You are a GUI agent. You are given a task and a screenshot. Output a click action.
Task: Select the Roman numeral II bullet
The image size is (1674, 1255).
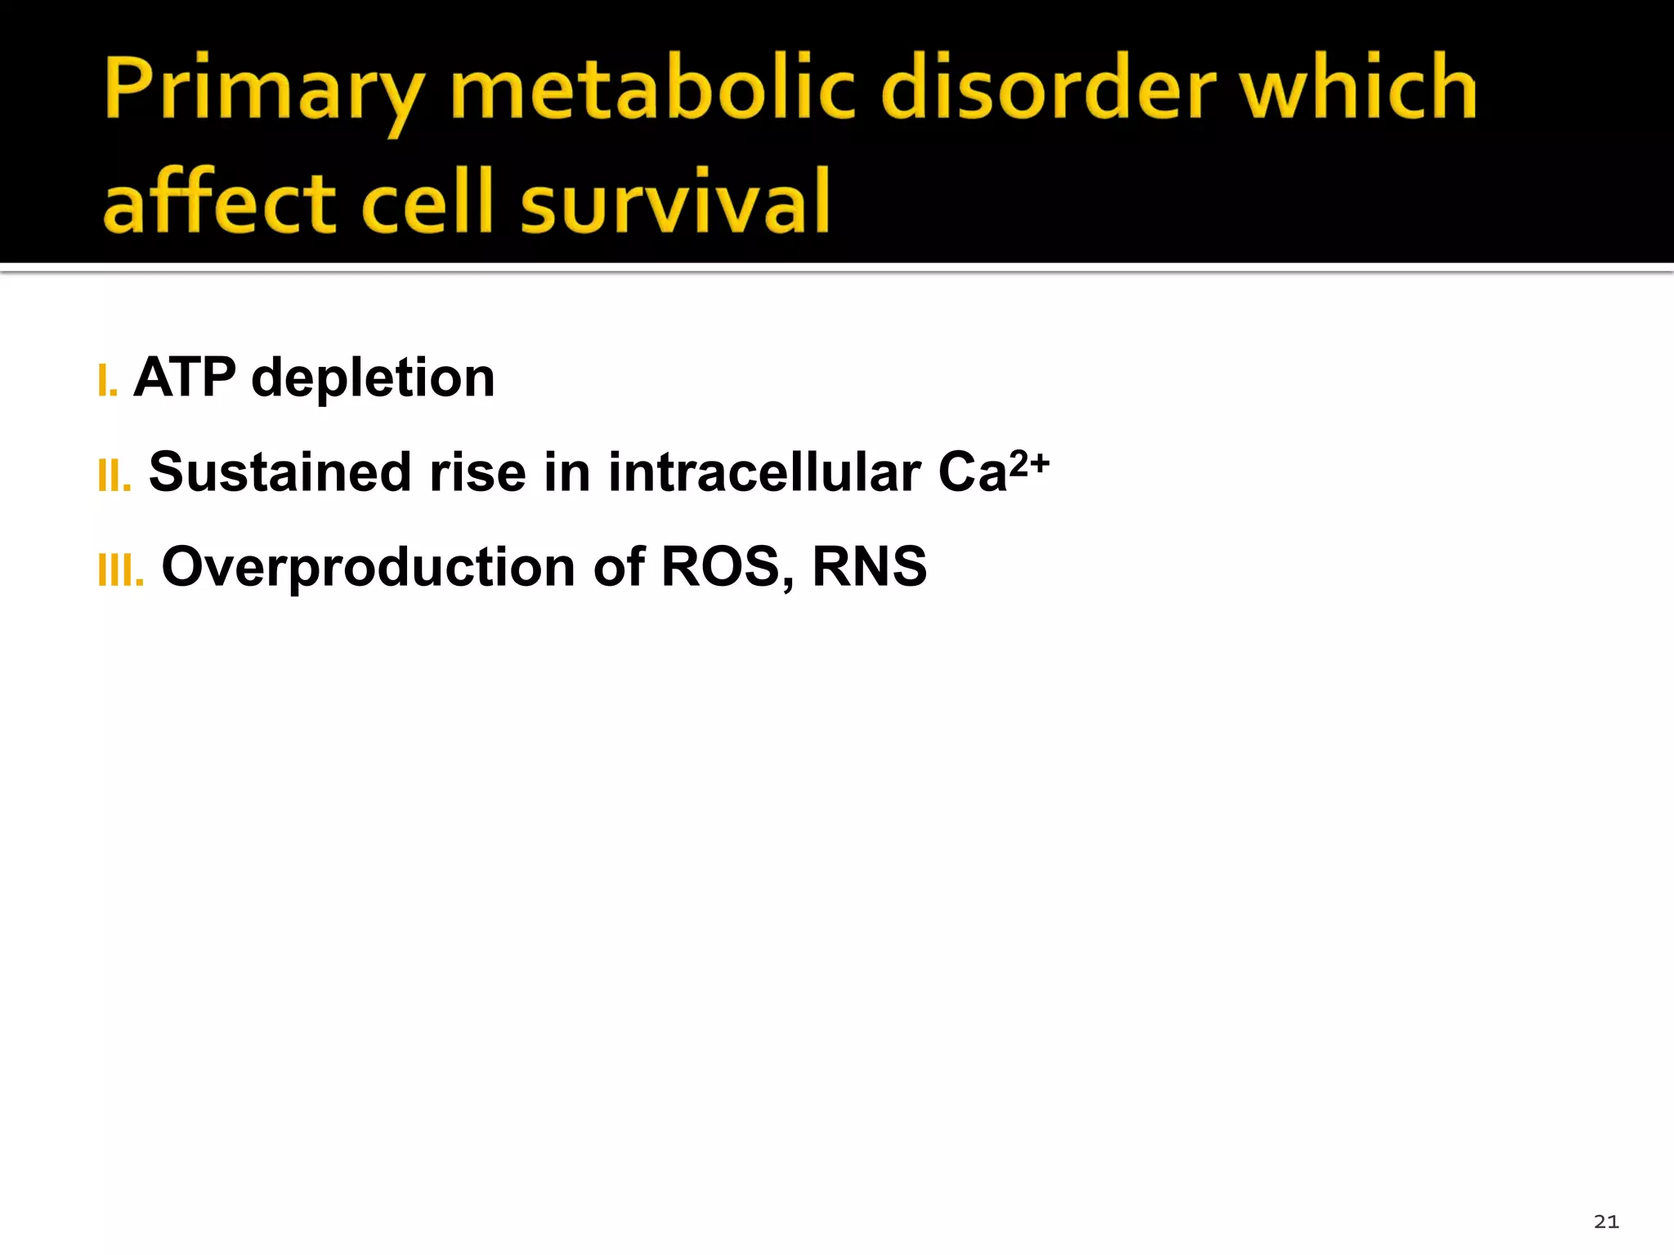(x=114, y=476)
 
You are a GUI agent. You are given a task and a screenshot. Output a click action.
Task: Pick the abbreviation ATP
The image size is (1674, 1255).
(x=185, y=377)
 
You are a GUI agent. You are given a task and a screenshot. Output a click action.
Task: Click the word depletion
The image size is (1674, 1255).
(x=373, y=379)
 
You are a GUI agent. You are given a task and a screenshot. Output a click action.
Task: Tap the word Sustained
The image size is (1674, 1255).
(x=280, y=472)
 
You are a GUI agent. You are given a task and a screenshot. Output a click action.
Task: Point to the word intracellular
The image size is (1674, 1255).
(x=764, y=472)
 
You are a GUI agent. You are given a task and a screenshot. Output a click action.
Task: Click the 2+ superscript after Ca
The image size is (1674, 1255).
(x=1029, y=463)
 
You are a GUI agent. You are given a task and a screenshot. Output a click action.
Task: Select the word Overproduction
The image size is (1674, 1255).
(x=368, y=568)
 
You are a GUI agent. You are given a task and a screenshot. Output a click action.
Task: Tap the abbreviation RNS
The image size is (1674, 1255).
(x=870, y=566)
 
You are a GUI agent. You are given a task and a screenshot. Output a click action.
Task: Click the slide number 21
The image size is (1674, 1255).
(x=1606, y=1222)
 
